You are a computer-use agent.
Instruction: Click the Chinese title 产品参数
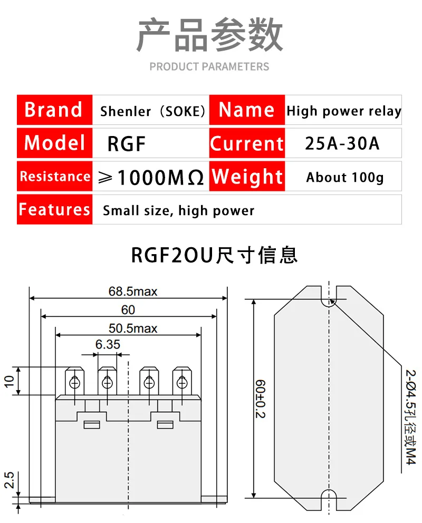tap(210, 36)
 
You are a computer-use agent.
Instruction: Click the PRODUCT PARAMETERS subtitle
tap(209, 67)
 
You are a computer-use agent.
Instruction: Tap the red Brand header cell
tap(54, 110)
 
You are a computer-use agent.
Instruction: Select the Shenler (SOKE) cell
tap(152, 111)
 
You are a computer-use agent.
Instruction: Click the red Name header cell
tap(247, 110)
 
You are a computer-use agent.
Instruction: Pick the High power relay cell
tap(343, 111)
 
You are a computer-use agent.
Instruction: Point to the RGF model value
tap(126, 143)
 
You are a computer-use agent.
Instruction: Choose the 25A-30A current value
tap(342, 143)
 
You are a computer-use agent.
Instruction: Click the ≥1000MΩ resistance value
tap(151, 177)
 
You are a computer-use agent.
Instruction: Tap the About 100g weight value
tap(344, 177)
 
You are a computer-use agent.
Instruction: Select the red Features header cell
tap(54, 209)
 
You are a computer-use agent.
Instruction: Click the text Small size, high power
tap(178, 211)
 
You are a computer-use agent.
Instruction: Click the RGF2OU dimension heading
tap(214, 255)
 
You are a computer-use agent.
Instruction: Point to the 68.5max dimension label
tap(133, 291)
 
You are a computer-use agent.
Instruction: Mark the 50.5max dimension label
tap(133, 328)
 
